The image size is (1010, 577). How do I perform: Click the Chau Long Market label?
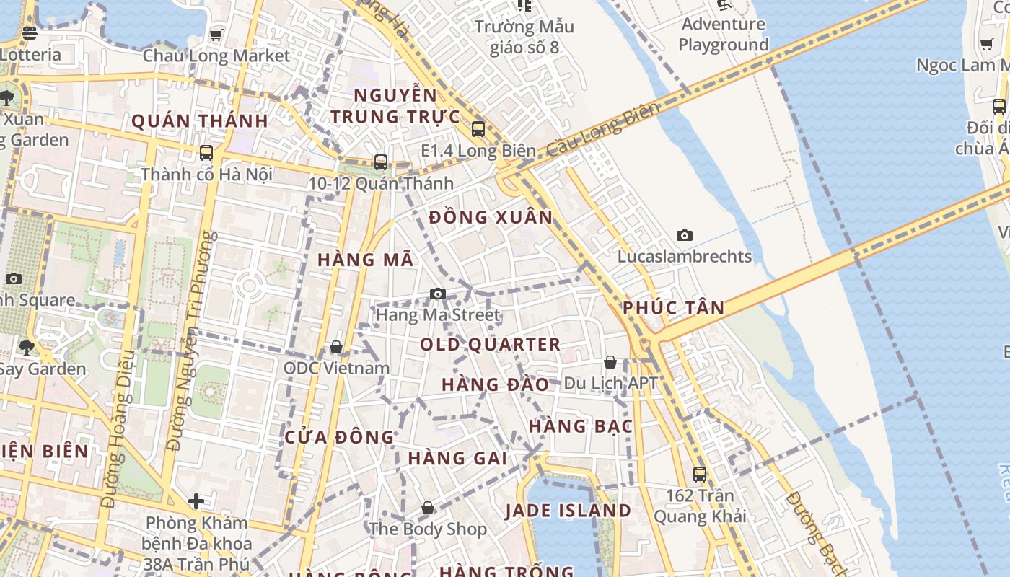pyautogui.click(x=216, y=56)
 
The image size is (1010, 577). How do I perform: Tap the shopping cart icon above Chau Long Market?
pyautogui.click(x=216, y=35)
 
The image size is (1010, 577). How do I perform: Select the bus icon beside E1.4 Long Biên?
pyautogui.click(x=478, y=129)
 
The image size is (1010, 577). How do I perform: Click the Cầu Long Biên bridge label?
pyautogui.click(x=602, y=131)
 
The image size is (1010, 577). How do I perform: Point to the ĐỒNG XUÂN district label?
pyautogui.click(x=491, y=217)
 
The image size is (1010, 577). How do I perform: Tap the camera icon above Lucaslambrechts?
pyautogui.click(x=685, y=235)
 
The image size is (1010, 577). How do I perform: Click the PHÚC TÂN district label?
pyautogui.click(x=673, y=308)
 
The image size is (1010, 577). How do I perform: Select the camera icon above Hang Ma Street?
pyautogui.click(x=437, y=294)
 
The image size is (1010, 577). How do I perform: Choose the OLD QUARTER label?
pyautogui.click(x=491, y=345)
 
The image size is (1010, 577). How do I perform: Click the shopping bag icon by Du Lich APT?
pyautogui.click(x=610, y=362)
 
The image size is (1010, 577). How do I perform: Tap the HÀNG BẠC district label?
pyautogui.click(x=580, y=426)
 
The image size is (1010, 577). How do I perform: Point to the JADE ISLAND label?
pyautogui.click(x=568, y=511)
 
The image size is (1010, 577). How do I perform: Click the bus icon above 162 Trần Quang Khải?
pyautogui.click(x=700, y=474)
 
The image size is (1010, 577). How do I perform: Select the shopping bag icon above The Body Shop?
pyautogui.click(x=428, y=508)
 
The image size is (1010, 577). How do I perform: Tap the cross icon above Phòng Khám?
pyautogui.click(x=196, y=501)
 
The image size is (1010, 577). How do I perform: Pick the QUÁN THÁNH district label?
pyautogui.click(x=200, y=120)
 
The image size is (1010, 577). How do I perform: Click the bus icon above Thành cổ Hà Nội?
pyautogui.click(x=206, y=153)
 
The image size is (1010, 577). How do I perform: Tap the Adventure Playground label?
pyautogui.click(x=724, y=34)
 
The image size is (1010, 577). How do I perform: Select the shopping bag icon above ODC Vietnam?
pyautogui.click(x=336, y=348)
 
